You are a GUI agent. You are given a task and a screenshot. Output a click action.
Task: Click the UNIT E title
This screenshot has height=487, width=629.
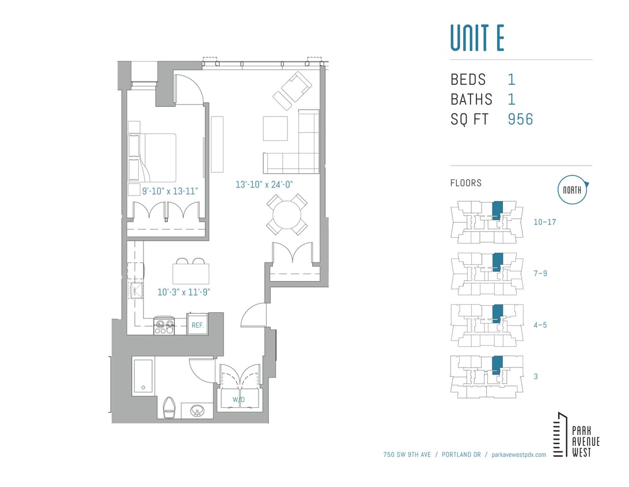click(477, 38)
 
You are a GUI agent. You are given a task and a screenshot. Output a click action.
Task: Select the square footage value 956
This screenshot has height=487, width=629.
click(520, 119)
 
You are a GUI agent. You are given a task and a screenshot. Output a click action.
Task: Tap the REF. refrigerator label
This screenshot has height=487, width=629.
click(197, 325)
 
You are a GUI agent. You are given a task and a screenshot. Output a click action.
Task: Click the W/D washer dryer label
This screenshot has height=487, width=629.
click(237, 399)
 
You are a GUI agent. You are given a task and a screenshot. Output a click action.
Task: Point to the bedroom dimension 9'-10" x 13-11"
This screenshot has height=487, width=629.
click(170, 190)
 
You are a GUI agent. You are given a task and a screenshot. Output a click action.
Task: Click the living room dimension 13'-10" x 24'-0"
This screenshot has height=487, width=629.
click(264, 185)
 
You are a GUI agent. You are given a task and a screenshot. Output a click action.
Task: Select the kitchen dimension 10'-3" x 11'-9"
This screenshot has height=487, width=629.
click(183, 292)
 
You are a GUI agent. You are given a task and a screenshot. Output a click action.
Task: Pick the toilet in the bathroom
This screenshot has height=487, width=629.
click(169, 408)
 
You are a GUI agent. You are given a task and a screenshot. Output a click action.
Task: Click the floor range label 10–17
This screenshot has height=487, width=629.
click(544, 222)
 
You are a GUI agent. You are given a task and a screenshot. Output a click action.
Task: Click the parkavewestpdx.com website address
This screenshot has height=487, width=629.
click(519, 455)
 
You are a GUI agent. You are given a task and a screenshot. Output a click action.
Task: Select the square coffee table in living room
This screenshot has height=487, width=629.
click(275, 128)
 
